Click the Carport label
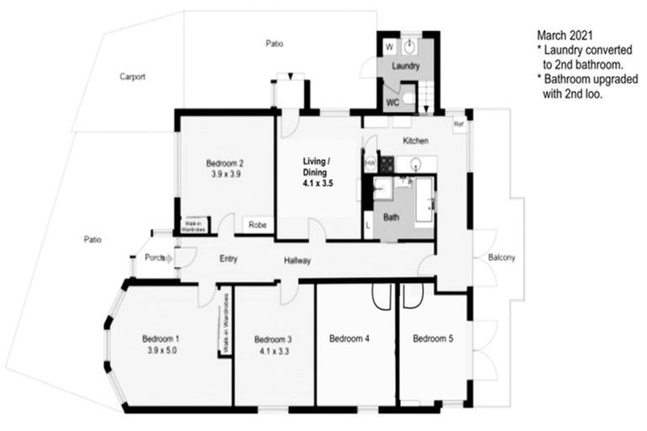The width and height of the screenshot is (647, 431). click(132, 77)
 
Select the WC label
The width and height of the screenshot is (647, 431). click(393, 103)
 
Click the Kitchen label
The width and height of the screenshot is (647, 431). click(415, 140)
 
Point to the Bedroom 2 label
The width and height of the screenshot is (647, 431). click(225, 163)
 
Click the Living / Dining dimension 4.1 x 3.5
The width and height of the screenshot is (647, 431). click(318, 180)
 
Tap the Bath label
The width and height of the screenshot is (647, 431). click(391, 216)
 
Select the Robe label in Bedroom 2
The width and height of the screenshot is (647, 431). click(257, 225)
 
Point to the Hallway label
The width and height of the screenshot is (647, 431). click(297, 261)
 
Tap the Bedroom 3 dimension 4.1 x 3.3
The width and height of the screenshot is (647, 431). click(273, 351)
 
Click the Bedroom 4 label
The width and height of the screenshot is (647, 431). click(349, 339)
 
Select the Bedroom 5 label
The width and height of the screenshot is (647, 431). click(433, 339)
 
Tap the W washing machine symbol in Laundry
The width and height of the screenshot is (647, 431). click(389, 46)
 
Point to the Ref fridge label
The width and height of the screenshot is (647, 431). click(459, 125)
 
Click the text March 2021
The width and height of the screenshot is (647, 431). click(565, 36)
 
